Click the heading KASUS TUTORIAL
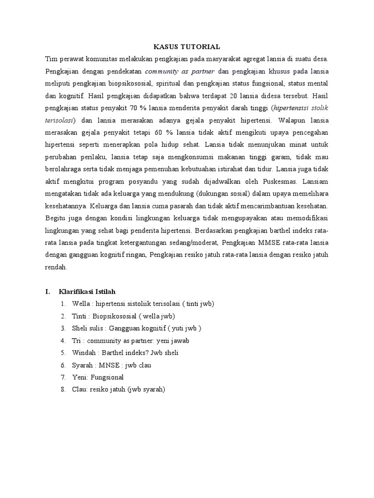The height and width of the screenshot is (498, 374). coord(187,47)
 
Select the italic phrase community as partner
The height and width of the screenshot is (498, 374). coord(166,71)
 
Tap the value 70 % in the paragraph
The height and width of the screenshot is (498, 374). coord(143,107)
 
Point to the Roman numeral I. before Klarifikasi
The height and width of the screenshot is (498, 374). coord(48,292)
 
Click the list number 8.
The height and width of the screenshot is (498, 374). coord(63,390)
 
